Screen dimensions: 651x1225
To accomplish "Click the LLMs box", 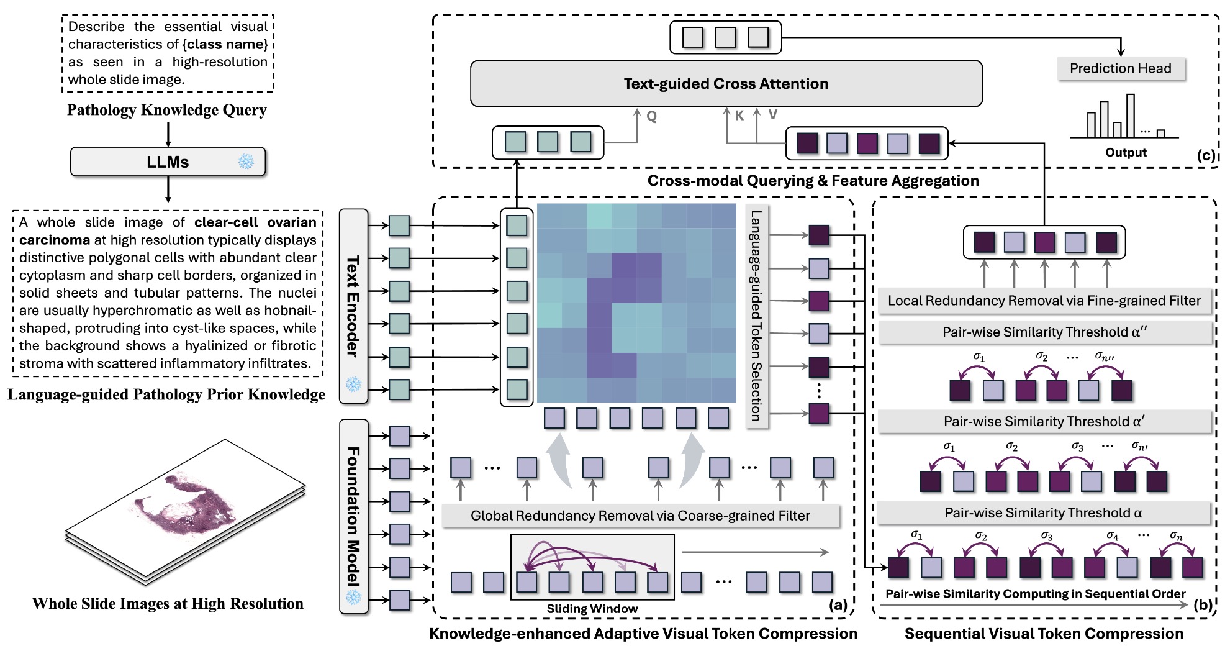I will point(168,162).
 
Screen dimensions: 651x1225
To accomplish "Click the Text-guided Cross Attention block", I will point(726,84).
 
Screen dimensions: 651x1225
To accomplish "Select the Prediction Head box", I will point(1120,69).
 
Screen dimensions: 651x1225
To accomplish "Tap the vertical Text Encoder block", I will point(353,306).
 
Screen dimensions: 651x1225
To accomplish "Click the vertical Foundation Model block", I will point(353,516).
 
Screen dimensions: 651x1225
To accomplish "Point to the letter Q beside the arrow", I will point(651,117).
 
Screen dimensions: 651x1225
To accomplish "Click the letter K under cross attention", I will point(739,116).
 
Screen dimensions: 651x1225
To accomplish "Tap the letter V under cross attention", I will point(772,115).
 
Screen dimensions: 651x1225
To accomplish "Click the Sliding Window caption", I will point(592,609).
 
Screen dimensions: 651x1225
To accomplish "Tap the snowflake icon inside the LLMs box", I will point(246,162).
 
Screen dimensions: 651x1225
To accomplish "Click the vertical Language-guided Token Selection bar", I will point(756,316).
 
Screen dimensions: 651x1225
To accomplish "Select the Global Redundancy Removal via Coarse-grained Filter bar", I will point(640,516).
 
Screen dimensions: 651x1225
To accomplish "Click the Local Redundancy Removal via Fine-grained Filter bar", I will point(1044,301).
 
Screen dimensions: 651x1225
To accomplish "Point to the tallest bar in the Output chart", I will point(1131,116).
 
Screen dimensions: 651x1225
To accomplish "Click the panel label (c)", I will point(1206,155).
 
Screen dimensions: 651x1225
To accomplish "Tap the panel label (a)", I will point(838,605).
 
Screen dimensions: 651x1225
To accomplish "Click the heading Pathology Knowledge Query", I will point(167,110).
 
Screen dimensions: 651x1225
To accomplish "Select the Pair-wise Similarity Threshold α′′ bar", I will point(1044,332).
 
